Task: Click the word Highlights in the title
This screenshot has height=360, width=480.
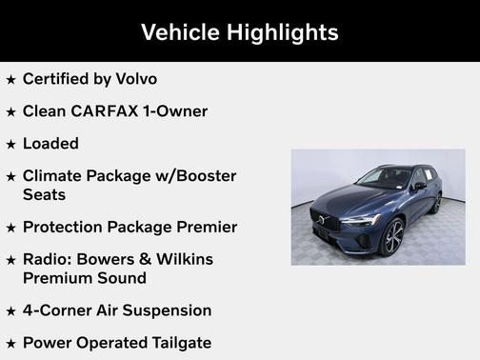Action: (283, 31)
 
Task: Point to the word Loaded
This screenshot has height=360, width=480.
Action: (50, 143)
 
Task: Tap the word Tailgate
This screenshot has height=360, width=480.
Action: (177, 343)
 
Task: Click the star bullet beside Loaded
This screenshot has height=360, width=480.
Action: (10, 144)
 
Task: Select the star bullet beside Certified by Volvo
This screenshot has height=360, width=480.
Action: (10, 80)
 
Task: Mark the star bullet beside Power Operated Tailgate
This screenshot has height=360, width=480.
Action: (10, 344)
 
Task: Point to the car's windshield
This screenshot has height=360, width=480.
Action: (381, 178)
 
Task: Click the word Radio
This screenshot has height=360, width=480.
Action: (49, 260)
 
